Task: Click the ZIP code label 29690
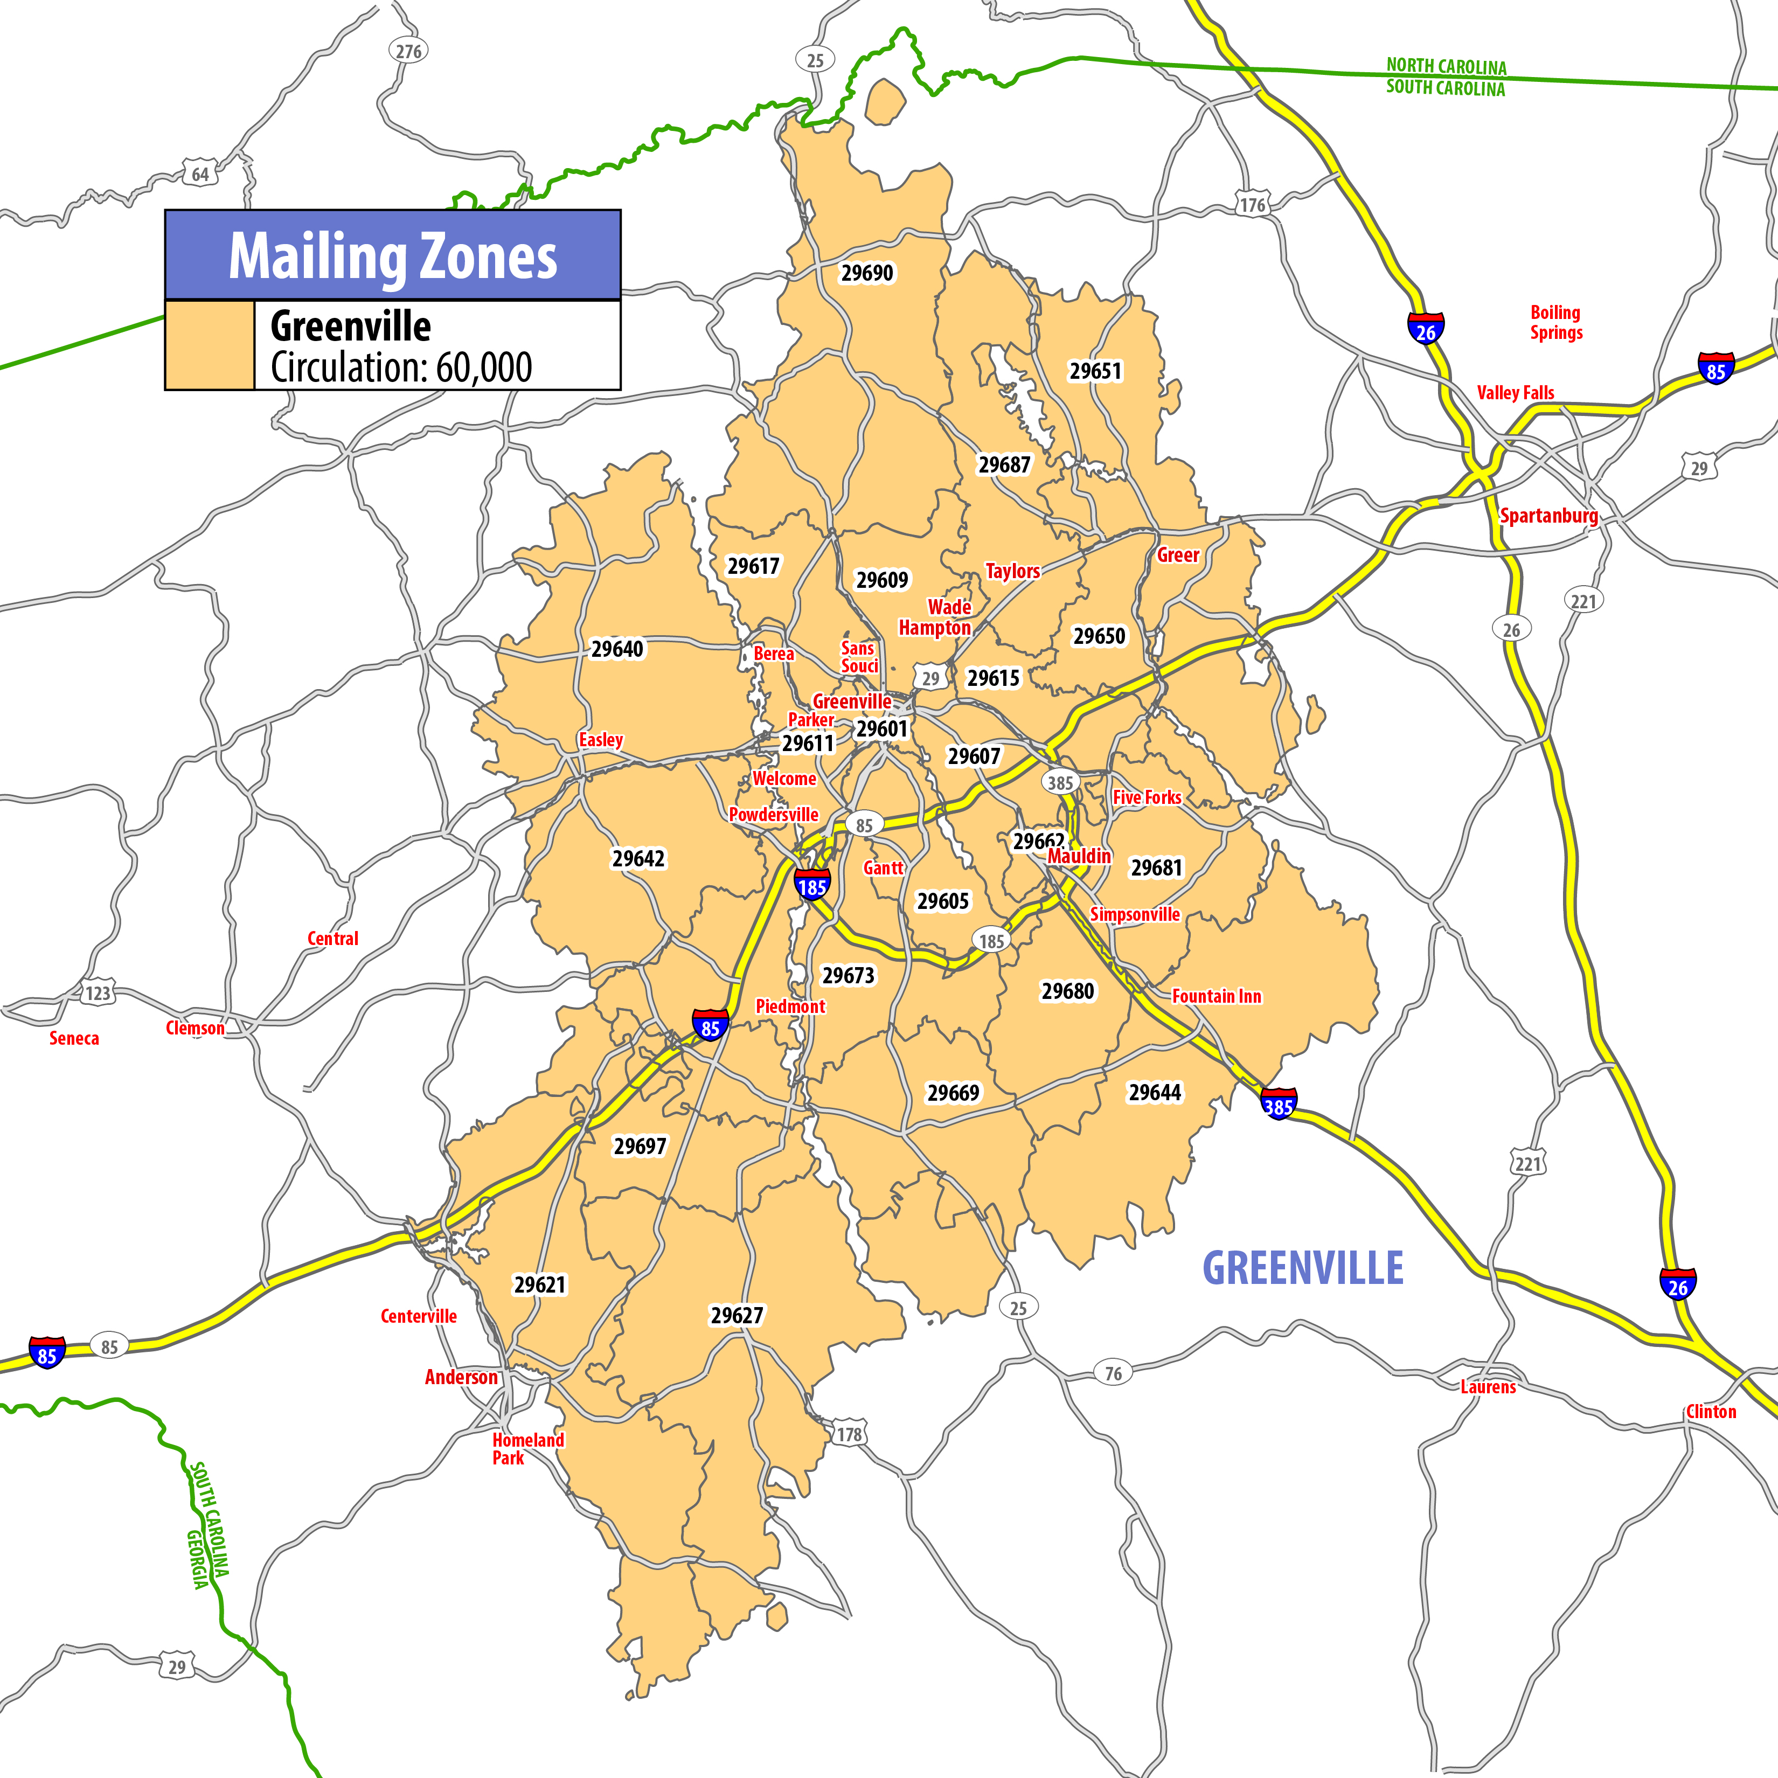(867, 273)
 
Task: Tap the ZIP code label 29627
(736, 1315)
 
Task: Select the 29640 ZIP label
(616, 649)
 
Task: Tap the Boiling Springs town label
(1555, 322)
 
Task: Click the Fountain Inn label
(1216, 996)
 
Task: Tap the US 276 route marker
(408, 52)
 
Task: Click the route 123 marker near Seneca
(98, 993)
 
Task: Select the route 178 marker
(849, 1434)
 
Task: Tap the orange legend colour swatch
(210, 345)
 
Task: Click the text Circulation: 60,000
(401, 367)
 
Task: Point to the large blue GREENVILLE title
(1303, 1268)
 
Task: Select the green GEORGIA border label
(197, 1559)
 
